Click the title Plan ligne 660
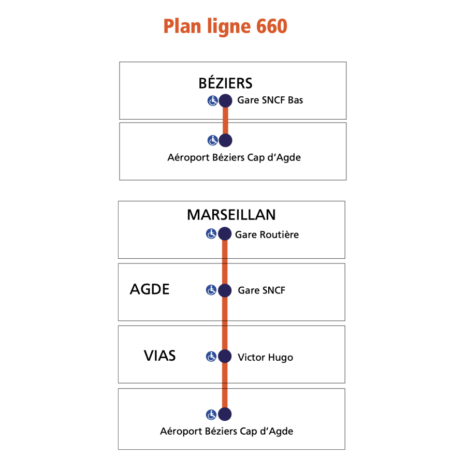[x=225, y=26]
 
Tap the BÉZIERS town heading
[x=225, y=83]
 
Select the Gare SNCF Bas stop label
[x=270, y=100]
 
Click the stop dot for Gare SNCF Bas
[x=225, y=100]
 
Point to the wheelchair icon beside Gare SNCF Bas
[x=213, y=100]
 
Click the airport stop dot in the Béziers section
[x=225, y=140]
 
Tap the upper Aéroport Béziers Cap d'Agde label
[x=234, y=157]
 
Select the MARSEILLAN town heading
[x=231, y=215]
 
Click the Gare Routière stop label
[x=267, y=234]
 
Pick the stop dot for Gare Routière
[x=225, y=234]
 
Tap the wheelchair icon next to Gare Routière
[x=211, y=233]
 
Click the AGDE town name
[x=150, y=289]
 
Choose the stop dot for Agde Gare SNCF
[x=225, y=290]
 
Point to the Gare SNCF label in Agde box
[x=261, y=290]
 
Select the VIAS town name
[x=159, y=356]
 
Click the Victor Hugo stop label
[x=266, y=357]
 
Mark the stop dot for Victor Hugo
[x=225, y=357]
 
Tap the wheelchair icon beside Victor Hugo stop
[x=211, y=357]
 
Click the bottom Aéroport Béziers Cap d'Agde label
[x=226, y=431]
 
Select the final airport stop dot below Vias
[x=225, y=414]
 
